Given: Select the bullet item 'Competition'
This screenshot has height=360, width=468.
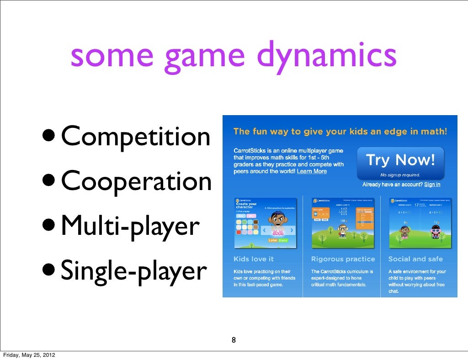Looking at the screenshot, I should pyautogui.click(x=136, y=137).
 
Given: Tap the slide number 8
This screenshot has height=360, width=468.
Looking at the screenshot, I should pyautogui.click(x=234, y=340).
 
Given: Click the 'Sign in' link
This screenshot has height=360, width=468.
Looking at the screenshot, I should pyautogui.click(x=432, y=185).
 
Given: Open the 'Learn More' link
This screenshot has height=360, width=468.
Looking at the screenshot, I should pyautogui.click(x=312, y=171).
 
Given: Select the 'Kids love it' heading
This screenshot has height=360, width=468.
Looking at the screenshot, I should pyautogui.click(x=254, y=259).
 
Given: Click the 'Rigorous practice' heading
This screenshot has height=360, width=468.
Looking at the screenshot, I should pyautogui.click(x=343, y=259).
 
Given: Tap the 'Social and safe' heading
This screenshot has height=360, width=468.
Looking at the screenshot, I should pyautogui.click(x=415, y=259).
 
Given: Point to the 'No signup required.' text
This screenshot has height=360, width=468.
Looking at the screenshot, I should pyautogui.click(x=400, y=175).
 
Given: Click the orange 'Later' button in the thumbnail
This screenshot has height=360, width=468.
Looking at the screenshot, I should pyautogui.click(x=273, y=240).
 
